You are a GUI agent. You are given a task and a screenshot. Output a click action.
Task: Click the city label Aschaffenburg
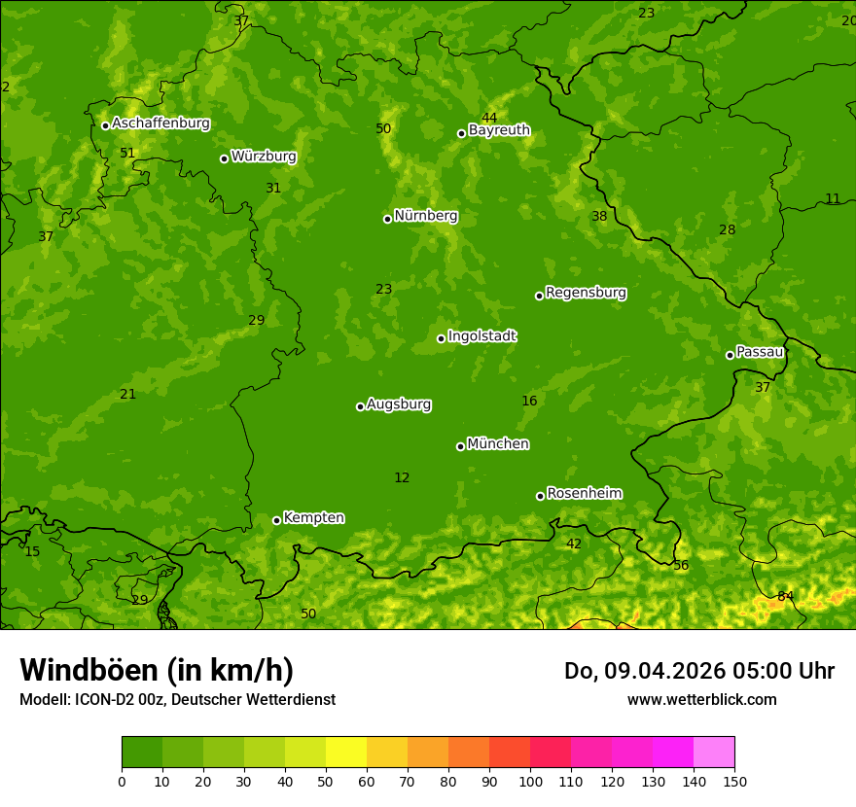click(160, 123)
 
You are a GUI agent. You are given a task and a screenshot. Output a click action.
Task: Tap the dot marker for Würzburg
click(224, 158)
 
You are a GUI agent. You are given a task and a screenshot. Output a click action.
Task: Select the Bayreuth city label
click(499, 130)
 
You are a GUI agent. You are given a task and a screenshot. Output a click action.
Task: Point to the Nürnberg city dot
click(387, 219)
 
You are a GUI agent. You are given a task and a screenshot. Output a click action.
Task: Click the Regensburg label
click(586, 293)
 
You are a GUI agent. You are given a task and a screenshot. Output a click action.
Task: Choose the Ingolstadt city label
click(481, 336)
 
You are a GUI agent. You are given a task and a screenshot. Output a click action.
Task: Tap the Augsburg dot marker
click(360, 406)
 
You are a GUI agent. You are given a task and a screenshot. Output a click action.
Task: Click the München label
click(498, 444)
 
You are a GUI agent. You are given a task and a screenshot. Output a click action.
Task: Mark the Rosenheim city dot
click(540, 496)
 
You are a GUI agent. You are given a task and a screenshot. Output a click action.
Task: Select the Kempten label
click(313, 518)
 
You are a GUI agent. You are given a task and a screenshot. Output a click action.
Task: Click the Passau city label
click(760, 352)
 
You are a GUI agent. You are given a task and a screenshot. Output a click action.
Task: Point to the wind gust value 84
click(785, 596)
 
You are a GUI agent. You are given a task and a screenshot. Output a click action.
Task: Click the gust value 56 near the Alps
click(681, 566)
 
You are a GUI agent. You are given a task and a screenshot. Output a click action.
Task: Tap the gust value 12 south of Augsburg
click(402, 477)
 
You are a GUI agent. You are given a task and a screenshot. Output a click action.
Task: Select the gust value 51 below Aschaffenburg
click(127, 153)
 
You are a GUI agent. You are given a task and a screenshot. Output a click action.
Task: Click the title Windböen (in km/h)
click(157, 670)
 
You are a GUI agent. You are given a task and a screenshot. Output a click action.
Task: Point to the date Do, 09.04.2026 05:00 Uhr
click(698, 671)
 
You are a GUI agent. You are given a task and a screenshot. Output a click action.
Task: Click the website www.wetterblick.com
click(701, 700)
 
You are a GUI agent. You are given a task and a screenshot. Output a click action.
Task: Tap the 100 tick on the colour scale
click(530, 781)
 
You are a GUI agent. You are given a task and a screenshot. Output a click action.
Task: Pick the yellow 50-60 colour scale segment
click(346, 753)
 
